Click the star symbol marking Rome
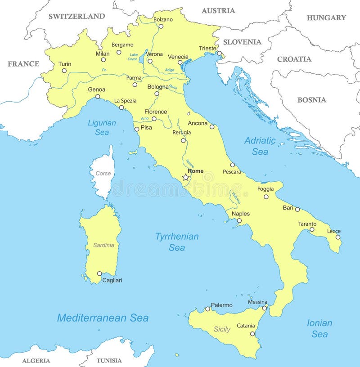point(185,178)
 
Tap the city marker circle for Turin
point(64,71)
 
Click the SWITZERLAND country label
point(76,16)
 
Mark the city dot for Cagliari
point(99,273)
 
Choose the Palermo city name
point(221,305)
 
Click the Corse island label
point(103,173)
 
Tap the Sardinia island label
point(103,245)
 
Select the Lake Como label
point(133,57)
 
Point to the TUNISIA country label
point(109,360)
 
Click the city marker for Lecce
point(338,237)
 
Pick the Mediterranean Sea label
point(103,318)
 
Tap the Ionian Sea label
point(319,328)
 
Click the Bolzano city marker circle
point(161,26)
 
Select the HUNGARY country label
point(326,18)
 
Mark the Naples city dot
point(239,220)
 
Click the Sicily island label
point(222,329)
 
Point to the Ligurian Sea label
point(102,127)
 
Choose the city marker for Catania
point(252,334)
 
